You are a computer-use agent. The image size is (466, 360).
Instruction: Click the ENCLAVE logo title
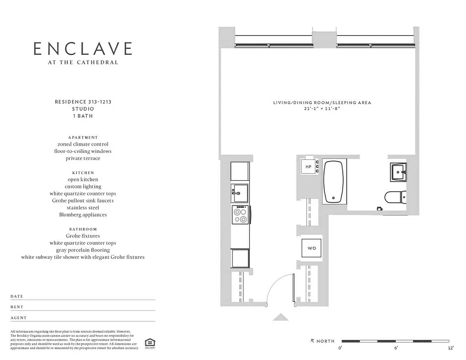(x=83, y=49)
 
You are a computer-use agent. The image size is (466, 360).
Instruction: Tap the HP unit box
(x=309, y=167)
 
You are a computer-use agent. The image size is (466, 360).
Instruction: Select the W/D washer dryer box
(x=311, y=248)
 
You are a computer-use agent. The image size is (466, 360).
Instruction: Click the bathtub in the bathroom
(x=334, y=181)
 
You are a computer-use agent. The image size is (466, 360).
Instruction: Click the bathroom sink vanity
(x=398, y=172)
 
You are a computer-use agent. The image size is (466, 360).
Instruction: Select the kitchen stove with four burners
(x=240, y=215)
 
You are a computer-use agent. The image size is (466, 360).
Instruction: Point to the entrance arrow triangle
(x=281, y=317)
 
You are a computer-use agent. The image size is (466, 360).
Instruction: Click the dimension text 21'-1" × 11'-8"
(x=322, y=109)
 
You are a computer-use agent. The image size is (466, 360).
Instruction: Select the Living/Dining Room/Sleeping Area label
(x=322, y=103)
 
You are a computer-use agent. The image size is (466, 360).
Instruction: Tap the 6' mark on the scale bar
(x=396, y=348)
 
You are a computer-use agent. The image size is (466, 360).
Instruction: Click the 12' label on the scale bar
(x=451, y=348)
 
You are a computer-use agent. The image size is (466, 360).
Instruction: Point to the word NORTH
(x=325, y=341)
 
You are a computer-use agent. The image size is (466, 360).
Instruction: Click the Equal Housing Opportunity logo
(x=149, y=343)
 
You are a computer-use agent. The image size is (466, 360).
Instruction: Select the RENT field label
(x=17, y=307)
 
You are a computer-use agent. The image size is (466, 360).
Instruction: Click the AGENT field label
(x=18, y=318)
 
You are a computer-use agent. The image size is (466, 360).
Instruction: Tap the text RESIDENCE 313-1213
(x=83, y=102)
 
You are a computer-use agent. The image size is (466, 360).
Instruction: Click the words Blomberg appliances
(x=83, y=215)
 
